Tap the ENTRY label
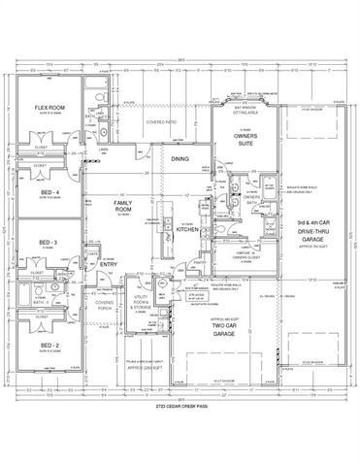tap(107, 263)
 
